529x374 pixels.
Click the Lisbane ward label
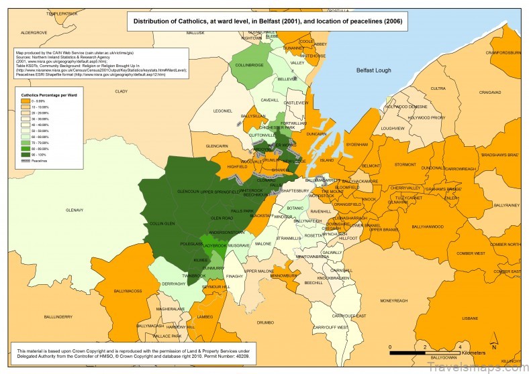coord(450,318)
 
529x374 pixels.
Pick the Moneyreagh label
coord(393,301)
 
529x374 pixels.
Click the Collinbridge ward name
coord(249,66)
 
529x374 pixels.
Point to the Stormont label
coord(405,164)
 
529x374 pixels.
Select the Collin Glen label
coord(161,223)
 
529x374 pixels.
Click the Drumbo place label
coord(265,322)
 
